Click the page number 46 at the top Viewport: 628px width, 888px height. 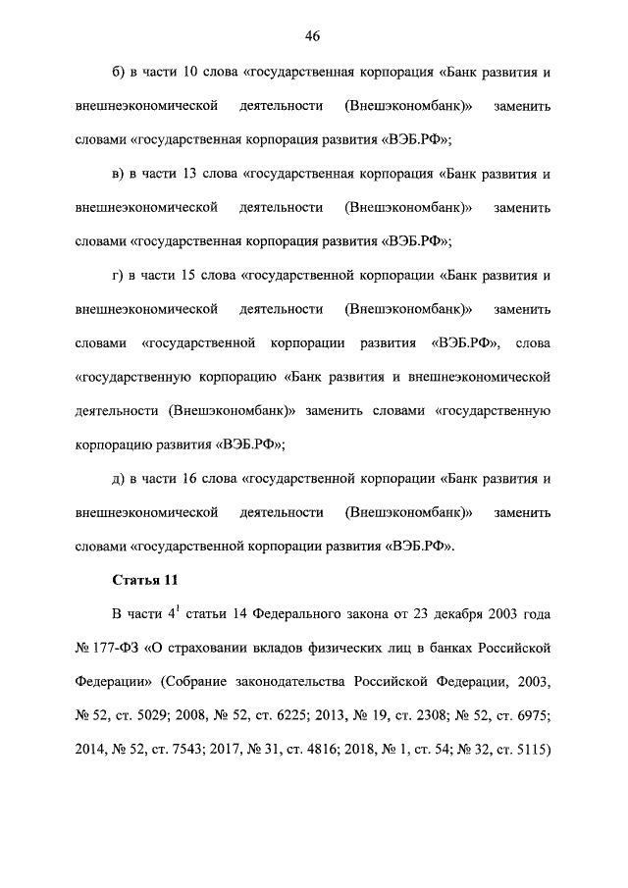(x=313, y=36)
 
